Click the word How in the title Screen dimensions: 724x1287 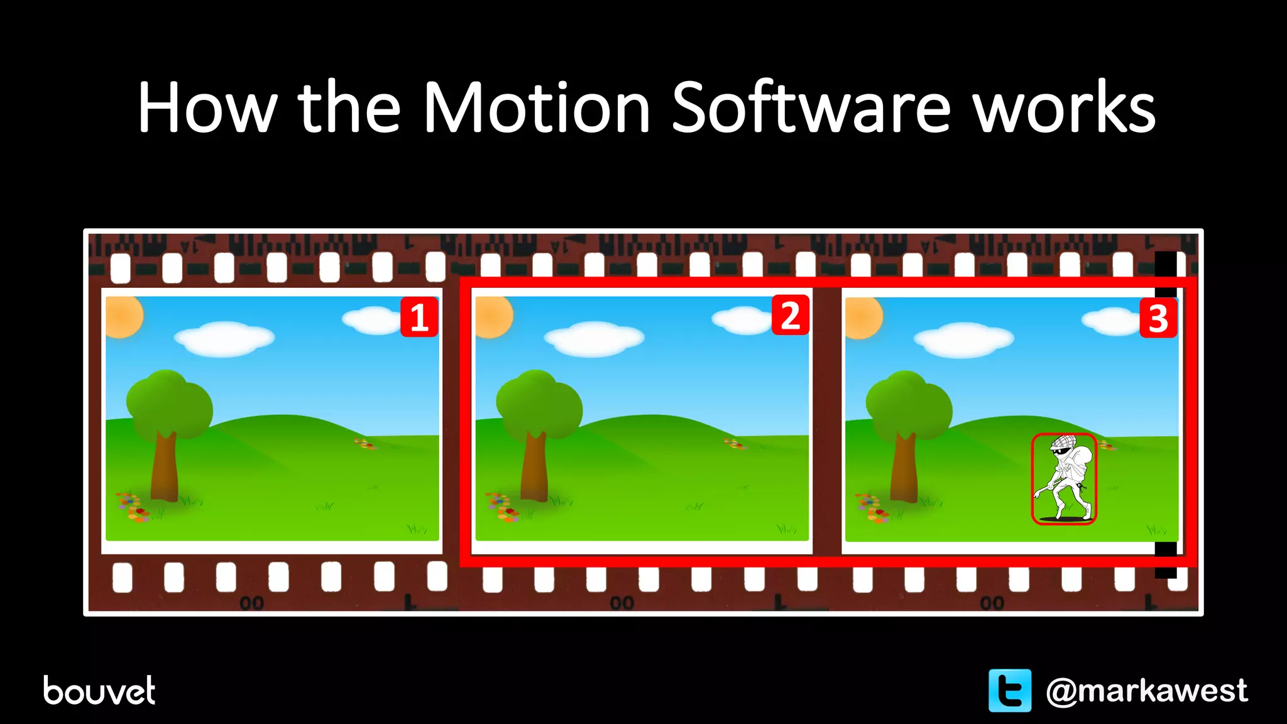[x=207, y=108]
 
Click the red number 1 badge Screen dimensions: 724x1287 [x=419, y=317]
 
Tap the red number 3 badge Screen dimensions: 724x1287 [x=1158, y=319]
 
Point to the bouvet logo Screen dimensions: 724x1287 [x=99, y=691]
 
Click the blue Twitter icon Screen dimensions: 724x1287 [x=1009, y=691]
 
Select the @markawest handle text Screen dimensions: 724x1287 [x=1146, y=691]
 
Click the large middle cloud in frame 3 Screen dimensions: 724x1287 [x=963, y=339]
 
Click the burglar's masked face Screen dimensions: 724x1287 [x=1060, y=450]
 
